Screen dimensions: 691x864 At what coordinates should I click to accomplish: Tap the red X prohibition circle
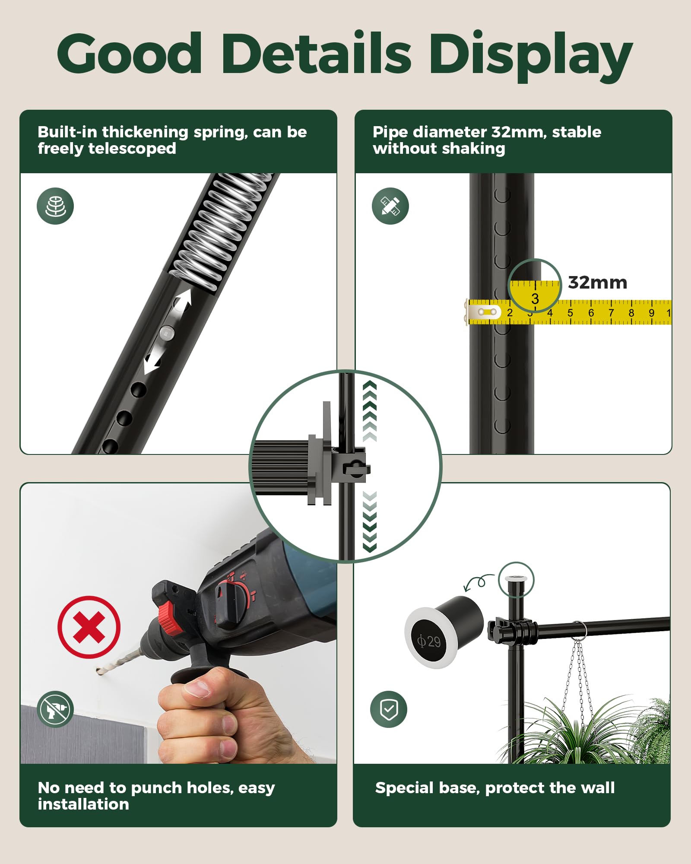(x=89, y=627)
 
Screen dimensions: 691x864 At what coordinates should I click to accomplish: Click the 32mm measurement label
(x=597, y=283)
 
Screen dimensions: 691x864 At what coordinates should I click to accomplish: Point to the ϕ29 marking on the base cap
(x=429, y=641)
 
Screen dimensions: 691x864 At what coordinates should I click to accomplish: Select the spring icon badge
(x=55, y=206)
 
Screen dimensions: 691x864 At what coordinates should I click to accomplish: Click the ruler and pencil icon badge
(x=390, y=206)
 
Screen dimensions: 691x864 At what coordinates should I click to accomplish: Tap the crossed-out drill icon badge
(x=55, y=709)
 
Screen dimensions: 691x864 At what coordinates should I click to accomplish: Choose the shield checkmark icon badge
(x=389, y=709)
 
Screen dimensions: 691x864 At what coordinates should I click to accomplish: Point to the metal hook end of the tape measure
(x=483, y=311)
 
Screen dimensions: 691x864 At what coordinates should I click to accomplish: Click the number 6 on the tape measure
(x=591, y=313)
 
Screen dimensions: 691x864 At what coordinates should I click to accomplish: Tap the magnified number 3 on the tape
(x=535, y=299)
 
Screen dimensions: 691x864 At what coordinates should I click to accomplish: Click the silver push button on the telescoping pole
(x=167, y=333)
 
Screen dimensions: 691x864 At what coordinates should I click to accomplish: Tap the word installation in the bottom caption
(x=83, y=804)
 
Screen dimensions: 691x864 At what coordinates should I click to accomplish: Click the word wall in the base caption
(x=598, y=788)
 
